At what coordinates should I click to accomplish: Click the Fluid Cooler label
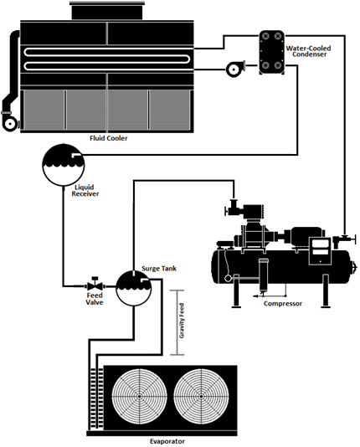(109, 138)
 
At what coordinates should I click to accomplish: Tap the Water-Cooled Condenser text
(309, 51)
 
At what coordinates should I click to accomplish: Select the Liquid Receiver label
(85, 190)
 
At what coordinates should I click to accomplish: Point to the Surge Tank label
(159, 268)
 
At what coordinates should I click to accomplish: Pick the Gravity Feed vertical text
(182, 321)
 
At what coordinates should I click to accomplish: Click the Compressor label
(283, 303)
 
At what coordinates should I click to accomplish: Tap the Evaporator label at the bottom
(167, 441)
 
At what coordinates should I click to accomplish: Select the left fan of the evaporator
(139, 396)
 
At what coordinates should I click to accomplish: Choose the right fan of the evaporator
(201, 396)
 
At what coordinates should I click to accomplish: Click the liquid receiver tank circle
(64, 165)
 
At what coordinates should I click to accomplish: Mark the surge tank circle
(134, 288)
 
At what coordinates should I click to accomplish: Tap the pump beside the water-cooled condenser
(235, 69)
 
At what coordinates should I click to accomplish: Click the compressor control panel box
(320, 251)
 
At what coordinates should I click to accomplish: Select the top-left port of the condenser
(265, 36)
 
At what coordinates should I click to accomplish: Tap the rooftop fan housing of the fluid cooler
(107, 11)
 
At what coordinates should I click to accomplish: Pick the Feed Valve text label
(95, 299)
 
